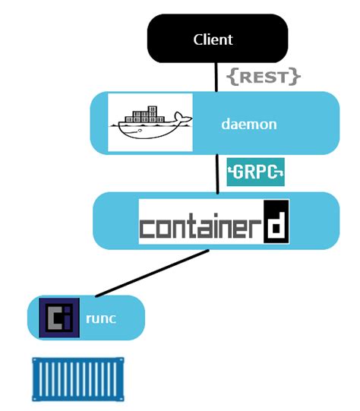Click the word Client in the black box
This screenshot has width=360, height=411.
tap(213, 40)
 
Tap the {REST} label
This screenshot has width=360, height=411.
tap(264, 76)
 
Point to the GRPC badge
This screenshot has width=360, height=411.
tap(255, 171)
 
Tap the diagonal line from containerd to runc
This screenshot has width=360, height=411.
tap(144, 273)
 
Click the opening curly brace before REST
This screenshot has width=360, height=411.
tap(233, 76)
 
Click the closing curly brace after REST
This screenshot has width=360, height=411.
tap(296, 76)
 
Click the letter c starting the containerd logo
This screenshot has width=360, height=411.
tap(150, 227)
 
